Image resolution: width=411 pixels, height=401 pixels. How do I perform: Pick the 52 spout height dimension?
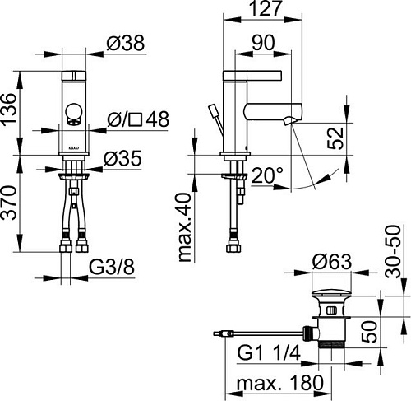pyautogui.click(x=335, y=134)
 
